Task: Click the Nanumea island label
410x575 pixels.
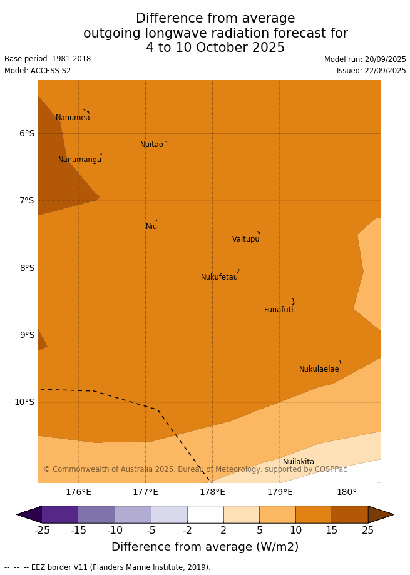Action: click(73, 118)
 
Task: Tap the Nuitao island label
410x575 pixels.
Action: click(151, 145)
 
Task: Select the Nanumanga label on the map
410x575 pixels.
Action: click(79, 160)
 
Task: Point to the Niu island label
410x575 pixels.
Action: click(151, 226)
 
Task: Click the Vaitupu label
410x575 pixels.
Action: click(245, 239)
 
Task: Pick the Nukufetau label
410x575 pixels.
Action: click(219, 277)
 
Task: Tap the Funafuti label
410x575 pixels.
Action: click(279, 310)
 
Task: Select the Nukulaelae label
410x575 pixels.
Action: click(319, 369)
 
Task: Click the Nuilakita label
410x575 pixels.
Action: click(299, 462)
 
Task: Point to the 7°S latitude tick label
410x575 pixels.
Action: click(27, 201)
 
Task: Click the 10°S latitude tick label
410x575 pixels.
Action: click(24, 402)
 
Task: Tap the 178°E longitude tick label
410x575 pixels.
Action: click(212, 492)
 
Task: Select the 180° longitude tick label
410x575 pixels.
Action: click(347, 492)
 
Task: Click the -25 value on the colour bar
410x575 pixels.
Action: click(42, 531)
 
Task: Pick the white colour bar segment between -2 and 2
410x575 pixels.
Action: click(205, 514)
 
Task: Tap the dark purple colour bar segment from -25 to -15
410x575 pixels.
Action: click(60, 514)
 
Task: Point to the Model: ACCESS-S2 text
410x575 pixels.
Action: click(38, 71)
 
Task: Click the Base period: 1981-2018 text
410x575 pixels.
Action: click(48, 59)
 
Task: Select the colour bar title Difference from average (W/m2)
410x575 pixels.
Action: click(205, 547)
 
